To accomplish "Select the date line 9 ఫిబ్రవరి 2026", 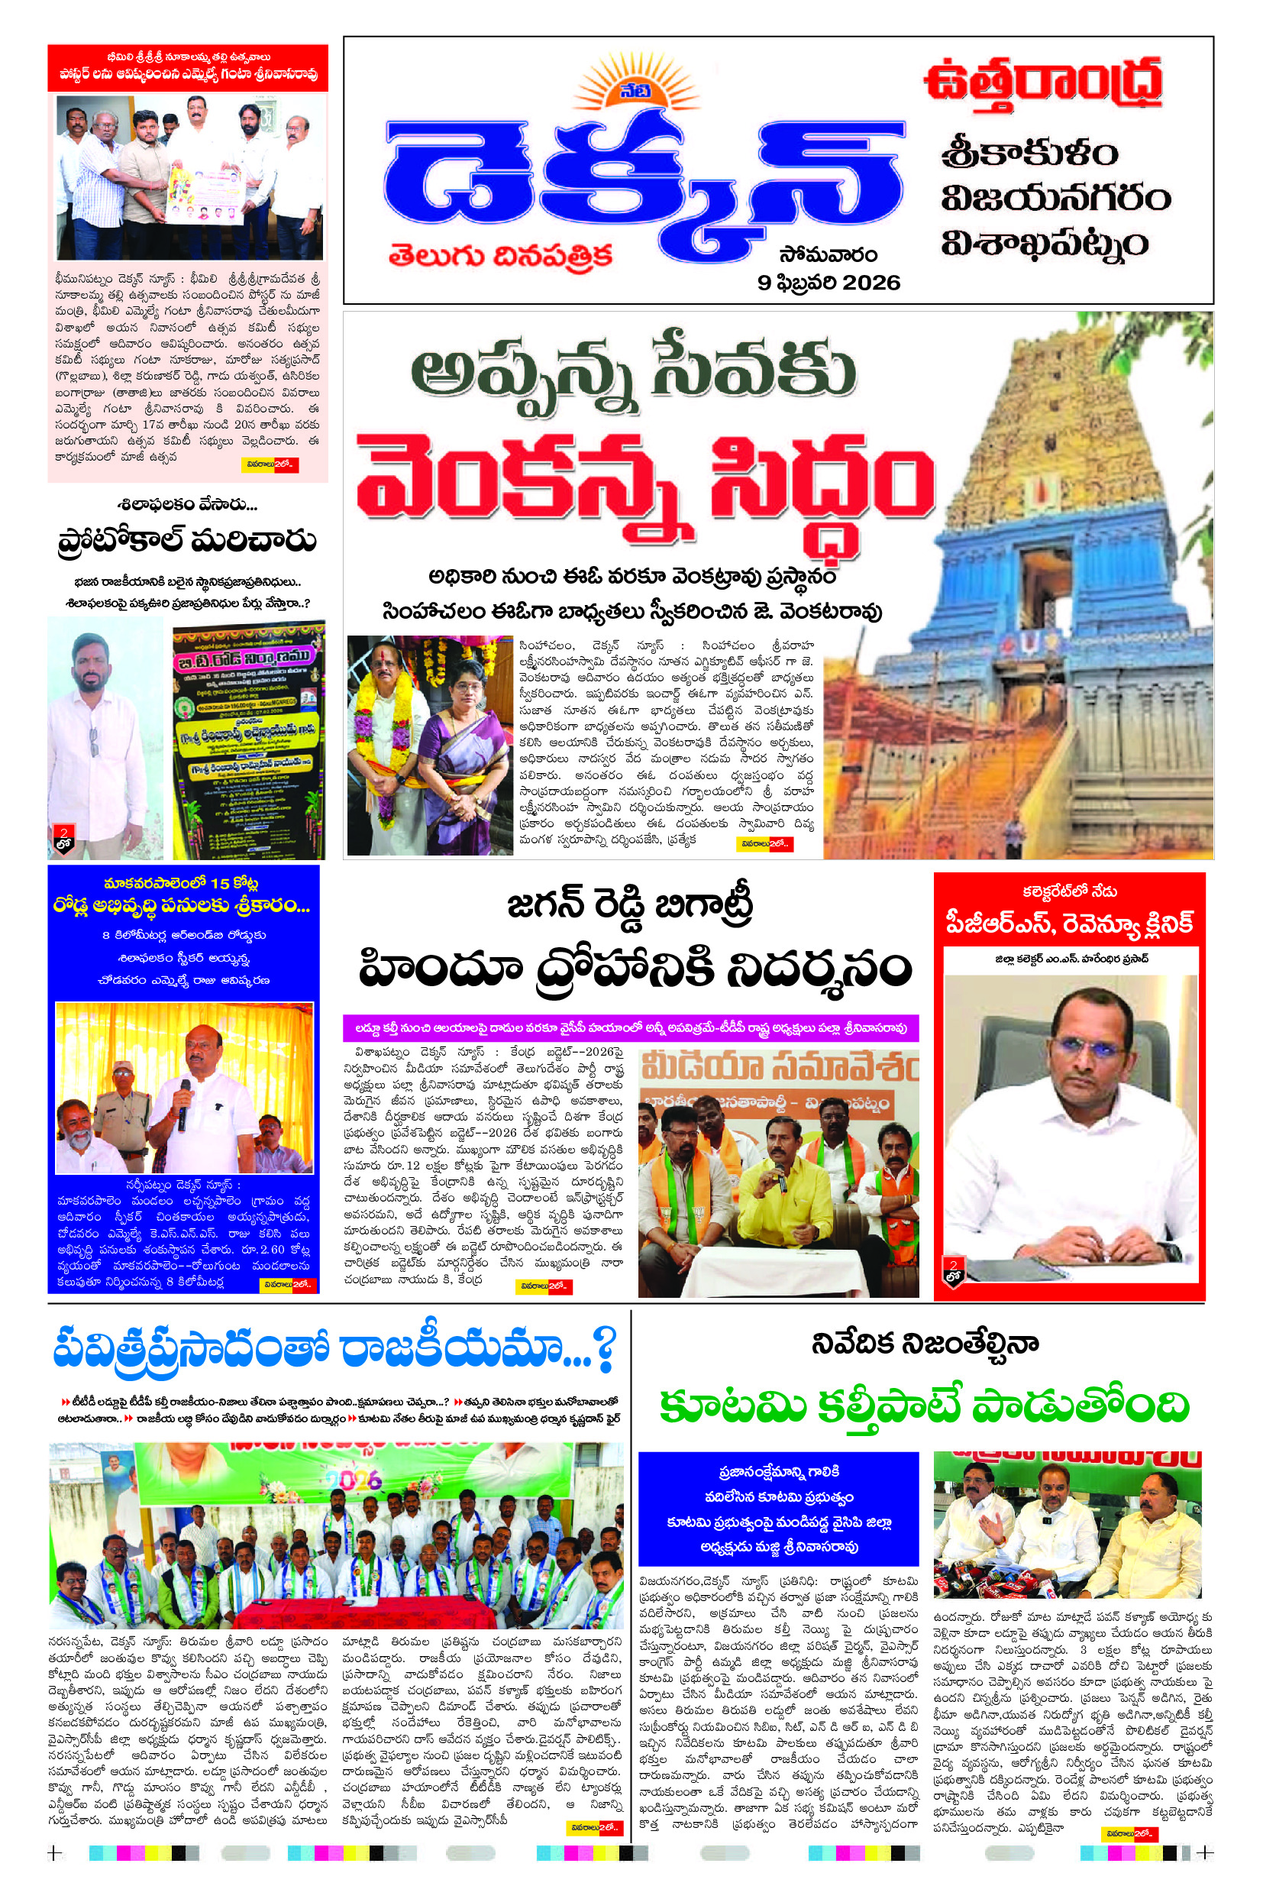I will [828, 283].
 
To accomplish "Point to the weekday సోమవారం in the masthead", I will [828, 254].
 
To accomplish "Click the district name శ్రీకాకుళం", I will [1029, 152].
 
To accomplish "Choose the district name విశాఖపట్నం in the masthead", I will [1044, 244].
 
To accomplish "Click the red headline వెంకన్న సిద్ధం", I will [644, 484].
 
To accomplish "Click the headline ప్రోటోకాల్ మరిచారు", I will [187, 541].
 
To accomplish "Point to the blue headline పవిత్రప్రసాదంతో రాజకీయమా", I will [334, 1348].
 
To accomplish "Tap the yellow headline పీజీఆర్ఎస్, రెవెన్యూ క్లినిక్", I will [1069, 924].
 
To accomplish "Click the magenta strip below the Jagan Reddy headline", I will [631, 1028].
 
